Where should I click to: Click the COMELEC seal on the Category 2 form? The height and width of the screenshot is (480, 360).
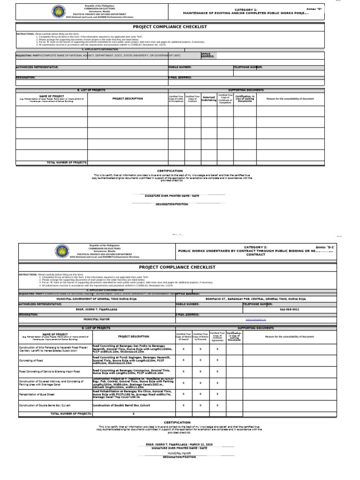point(62,251)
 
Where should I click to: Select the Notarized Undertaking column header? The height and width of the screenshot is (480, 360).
point(209,99)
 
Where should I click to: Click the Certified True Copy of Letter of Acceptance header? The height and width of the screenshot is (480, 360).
point(177,99)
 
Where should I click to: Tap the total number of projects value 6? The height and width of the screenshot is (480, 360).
point(134,414)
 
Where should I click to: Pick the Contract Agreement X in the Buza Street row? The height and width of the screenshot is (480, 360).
point(217,394)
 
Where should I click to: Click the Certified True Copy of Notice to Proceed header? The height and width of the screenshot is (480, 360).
point(200,336)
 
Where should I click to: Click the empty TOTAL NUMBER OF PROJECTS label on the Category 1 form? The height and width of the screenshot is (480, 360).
point(67,163)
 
